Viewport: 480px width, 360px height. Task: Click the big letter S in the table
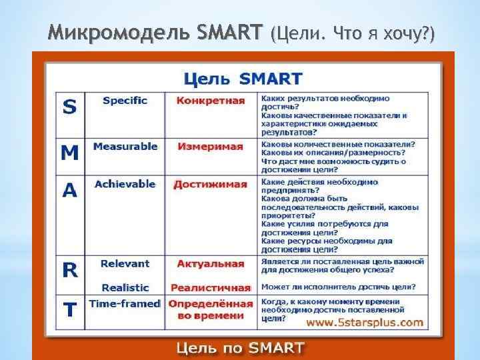69,107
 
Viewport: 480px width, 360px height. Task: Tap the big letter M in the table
69,153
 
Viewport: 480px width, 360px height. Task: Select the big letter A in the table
69,191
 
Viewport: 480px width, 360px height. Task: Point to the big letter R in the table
69,269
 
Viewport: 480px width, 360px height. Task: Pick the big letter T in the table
69,309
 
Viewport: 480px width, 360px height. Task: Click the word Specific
125,101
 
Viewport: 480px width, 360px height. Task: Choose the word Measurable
125,146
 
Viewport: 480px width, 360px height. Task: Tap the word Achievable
125,184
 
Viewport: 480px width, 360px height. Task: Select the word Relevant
125,264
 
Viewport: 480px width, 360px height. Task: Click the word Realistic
125,287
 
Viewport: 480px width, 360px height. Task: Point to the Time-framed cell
125,303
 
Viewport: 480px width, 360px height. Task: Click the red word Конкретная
211,101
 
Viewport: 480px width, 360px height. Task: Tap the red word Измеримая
211,147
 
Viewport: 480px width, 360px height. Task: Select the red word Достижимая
211,184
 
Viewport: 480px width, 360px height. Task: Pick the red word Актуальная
211,264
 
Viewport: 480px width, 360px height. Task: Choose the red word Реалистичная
211,287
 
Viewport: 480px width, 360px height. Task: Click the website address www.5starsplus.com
365,323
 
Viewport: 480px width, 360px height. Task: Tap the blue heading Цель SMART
243,79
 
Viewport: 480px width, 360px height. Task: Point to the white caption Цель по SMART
241,348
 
